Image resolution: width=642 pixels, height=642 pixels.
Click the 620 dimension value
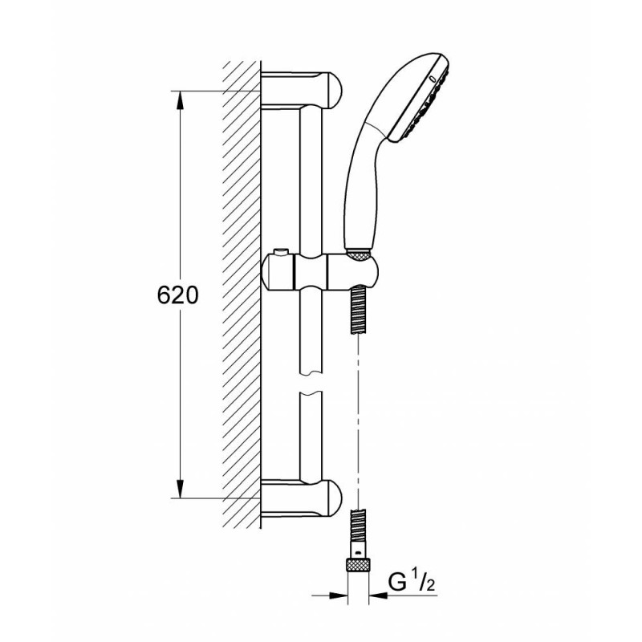tap(177, 295)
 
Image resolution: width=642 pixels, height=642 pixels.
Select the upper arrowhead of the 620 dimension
tap(180, 100)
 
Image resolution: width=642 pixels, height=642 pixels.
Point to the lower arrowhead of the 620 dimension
tap(180, 489)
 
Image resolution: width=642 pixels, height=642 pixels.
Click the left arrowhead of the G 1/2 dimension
tap(338, 595)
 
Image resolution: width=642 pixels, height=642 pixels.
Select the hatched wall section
tap(242, 295)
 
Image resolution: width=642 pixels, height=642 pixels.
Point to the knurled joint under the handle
tap(359, 256)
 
